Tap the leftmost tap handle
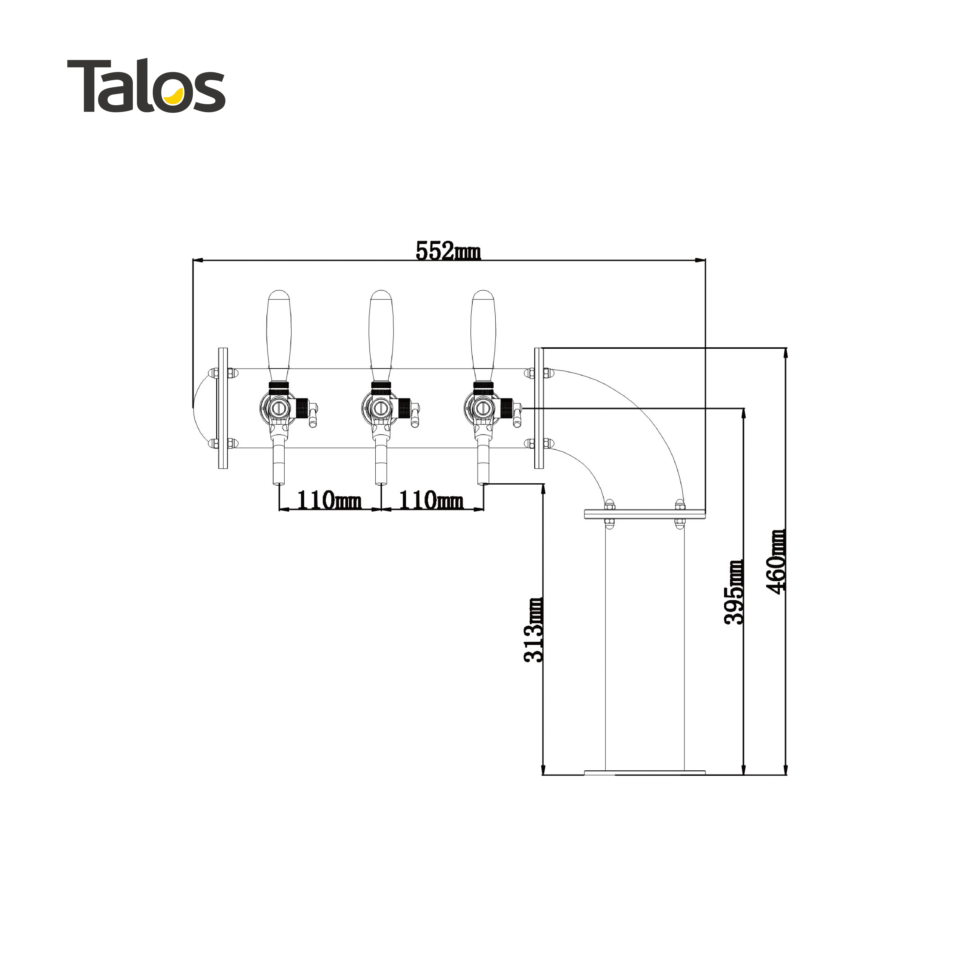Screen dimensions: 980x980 coord(279,335)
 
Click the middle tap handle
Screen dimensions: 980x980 coord(381,335)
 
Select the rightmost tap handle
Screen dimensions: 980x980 coord(483,335)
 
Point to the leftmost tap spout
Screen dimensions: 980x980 coord(279,464)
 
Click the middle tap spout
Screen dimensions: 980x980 coord(381,464)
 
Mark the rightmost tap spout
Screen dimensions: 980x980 coord(483,464)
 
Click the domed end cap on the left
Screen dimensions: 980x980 coord(203,408)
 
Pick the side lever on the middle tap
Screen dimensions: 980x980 coord(415,414)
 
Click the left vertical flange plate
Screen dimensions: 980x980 coord(223,408)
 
